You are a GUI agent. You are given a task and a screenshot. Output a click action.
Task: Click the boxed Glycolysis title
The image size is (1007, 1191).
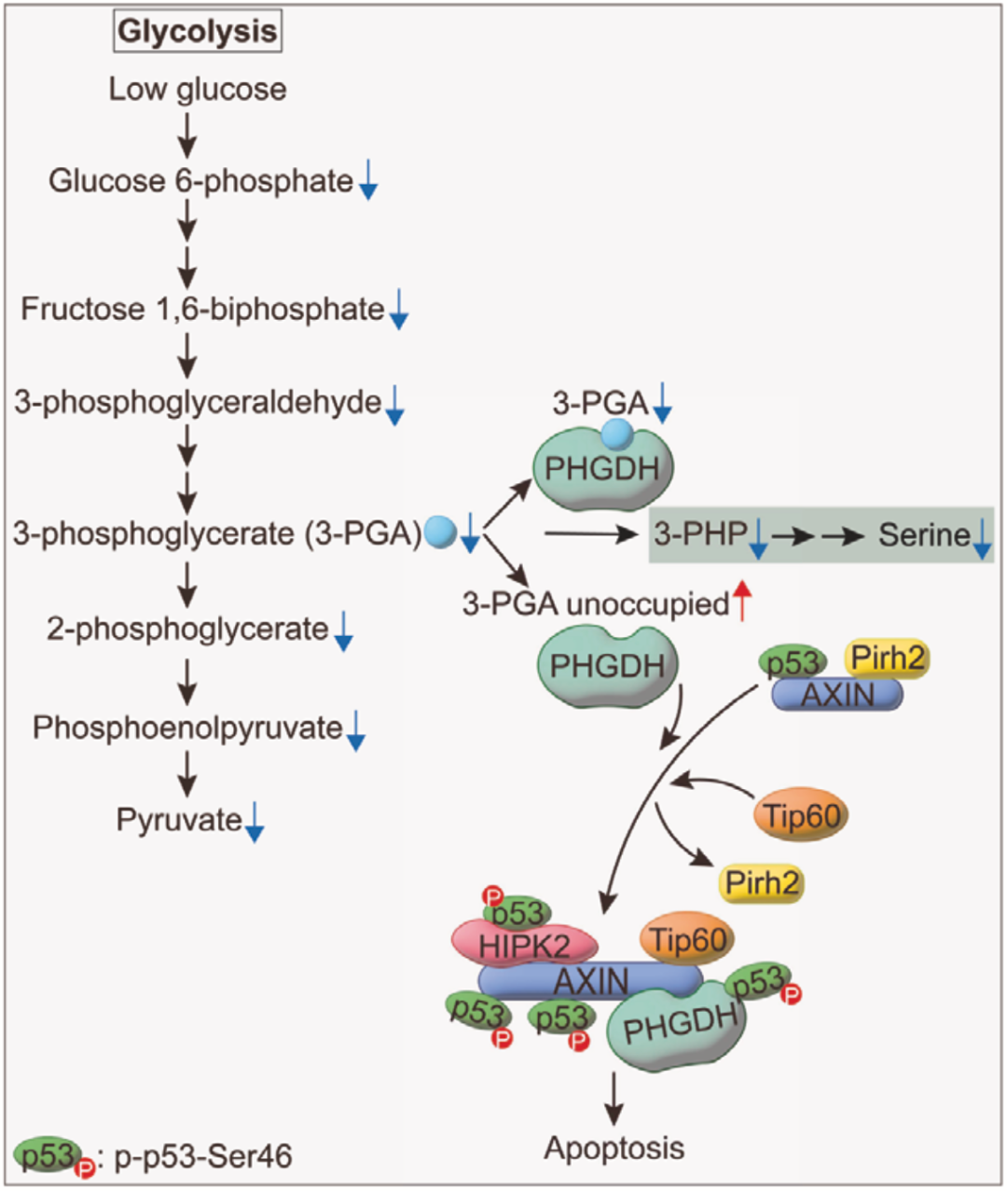tap(198, 32)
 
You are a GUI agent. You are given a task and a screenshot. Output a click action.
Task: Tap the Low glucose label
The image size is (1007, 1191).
tap(198, 90)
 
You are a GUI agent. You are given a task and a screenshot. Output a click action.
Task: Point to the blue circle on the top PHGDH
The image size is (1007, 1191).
tap(615, 433)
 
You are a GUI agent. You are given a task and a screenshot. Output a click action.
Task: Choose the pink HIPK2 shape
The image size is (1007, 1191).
tap(524, 945)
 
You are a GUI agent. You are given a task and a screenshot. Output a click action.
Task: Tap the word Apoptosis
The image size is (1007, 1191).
tap(614, 1148)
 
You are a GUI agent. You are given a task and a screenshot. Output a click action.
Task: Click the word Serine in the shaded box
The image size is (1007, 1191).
tap(923, 535)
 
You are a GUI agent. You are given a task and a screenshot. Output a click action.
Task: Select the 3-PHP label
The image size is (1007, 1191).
tap(700, 534)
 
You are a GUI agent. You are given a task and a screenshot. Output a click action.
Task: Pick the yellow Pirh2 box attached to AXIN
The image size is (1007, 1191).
tap(887, 658)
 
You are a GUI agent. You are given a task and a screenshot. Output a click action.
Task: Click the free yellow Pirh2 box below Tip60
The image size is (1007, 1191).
tap(762, 881)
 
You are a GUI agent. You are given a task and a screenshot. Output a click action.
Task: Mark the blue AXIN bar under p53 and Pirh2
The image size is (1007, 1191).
tap(837, 694)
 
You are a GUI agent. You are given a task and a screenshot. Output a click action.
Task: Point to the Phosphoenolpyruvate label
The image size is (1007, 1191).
tap(187, 727)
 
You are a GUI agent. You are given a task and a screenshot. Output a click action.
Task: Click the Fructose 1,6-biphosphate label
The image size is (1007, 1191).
tap(202, 309)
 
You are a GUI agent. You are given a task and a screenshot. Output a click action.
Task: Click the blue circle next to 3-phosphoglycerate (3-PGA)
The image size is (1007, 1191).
tap(440, 532)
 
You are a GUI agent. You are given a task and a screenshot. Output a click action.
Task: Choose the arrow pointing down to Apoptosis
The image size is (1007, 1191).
tap(614, 1100)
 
